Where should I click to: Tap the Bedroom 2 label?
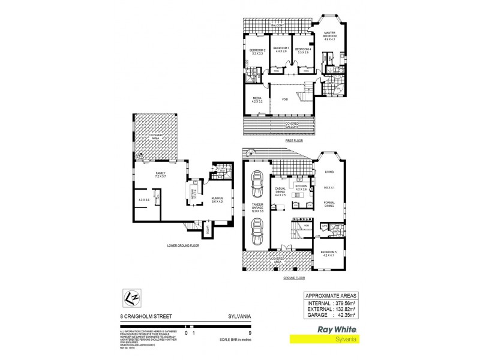pyautogui.click(x=259, y=50)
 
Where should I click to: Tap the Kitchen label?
pyautogui.click(x=301, y=187)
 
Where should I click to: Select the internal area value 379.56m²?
pyautogui.click(x=344, y=304)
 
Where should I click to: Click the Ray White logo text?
pyautogui.click(x=324, y=330)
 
